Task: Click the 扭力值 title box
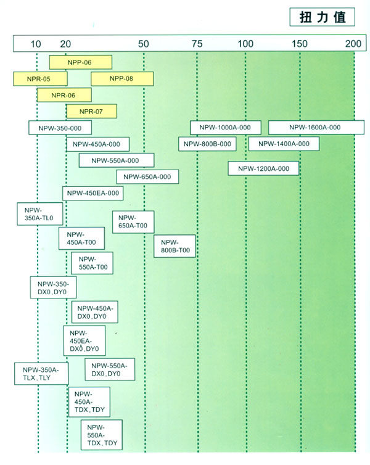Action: pos(323,17)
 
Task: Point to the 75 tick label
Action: pos(197,44)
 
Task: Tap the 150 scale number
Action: pos(300,44)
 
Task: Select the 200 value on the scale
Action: pos(353,44)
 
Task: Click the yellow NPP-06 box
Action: pos(81,62)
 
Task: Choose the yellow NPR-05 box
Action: pos(40,79)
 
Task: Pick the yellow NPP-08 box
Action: pos(122,79)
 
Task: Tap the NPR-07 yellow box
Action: pos(92,112)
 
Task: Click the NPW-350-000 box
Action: pos(60,128)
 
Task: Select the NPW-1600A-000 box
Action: pos(316,127)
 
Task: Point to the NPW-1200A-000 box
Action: pos(263,168)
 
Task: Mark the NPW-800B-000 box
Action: pos(208,144)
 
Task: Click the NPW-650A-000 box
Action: pos(147,177)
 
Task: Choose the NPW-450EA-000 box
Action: pos(92,193)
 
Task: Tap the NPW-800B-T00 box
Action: pos(175,246)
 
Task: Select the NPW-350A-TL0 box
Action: pos(40,214)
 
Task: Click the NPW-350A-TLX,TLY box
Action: pos(41,374)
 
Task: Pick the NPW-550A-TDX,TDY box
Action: pos(102,435)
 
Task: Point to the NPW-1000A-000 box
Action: pos(226,128)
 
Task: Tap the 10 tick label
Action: pos(36,44)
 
